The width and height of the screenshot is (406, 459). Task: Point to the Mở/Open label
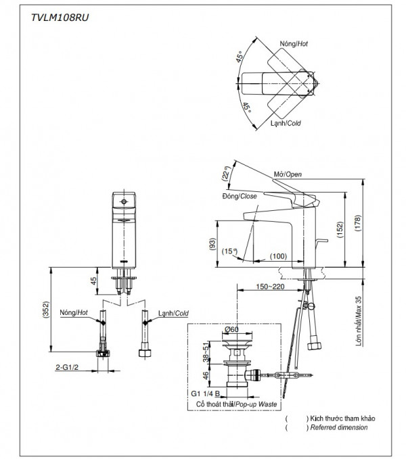(288, 174)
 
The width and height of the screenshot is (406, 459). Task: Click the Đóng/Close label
(239, 195)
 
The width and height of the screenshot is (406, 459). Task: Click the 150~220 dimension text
(269, 287)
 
